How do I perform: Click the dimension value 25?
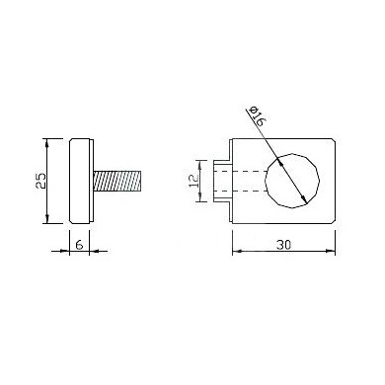pyautogui.click(x=41, y=181)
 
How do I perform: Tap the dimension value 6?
pyautogui.click(x=79, y=245)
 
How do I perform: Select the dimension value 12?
pyautogui.click(x=193, y=181)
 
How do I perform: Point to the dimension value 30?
pyautogui.click(x=283, y=245)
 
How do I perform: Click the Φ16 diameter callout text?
pyautogui.click(x=257, y=115)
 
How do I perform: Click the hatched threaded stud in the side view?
pyautogui.click(x=117, y=181)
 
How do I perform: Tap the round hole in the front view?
pyautogui.click(x=292, y=181)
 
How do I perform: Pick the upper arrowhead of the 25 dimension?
pyautogui.click(x=47, y=143)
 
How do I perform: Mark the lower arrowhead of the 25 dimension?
pyautogui.click(x=47, y=219)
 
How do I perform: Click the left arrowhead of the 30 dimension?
pyautogui.click(x=237, y=251)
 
